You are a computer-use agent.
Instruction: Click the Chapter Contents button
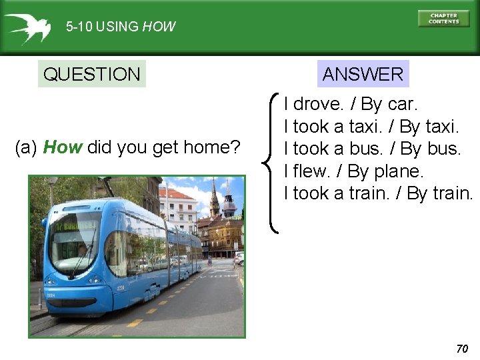pyautogui.click(x=443, y=18)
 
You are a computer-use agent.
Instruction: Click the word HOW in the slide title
pyautogui.click(x=159, y=27)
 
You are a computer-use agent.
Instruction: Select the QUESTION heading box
pyautogui.click(x=91, y=74)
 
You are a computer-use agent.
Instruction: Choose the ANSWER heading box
pyautogui.click(x=363, y=74)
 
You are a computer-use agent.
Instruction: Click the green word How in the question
pyautogui.click(x=62, y=147)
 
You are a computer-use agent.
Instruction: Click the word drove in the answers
pyautogui.click(x=317, y=104)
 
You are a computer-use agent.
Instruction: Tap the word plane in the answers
pyautogui.click(x=398, y=171)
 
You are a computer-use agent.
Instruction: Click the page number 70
pyautogui.click(x=462, y=349)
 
